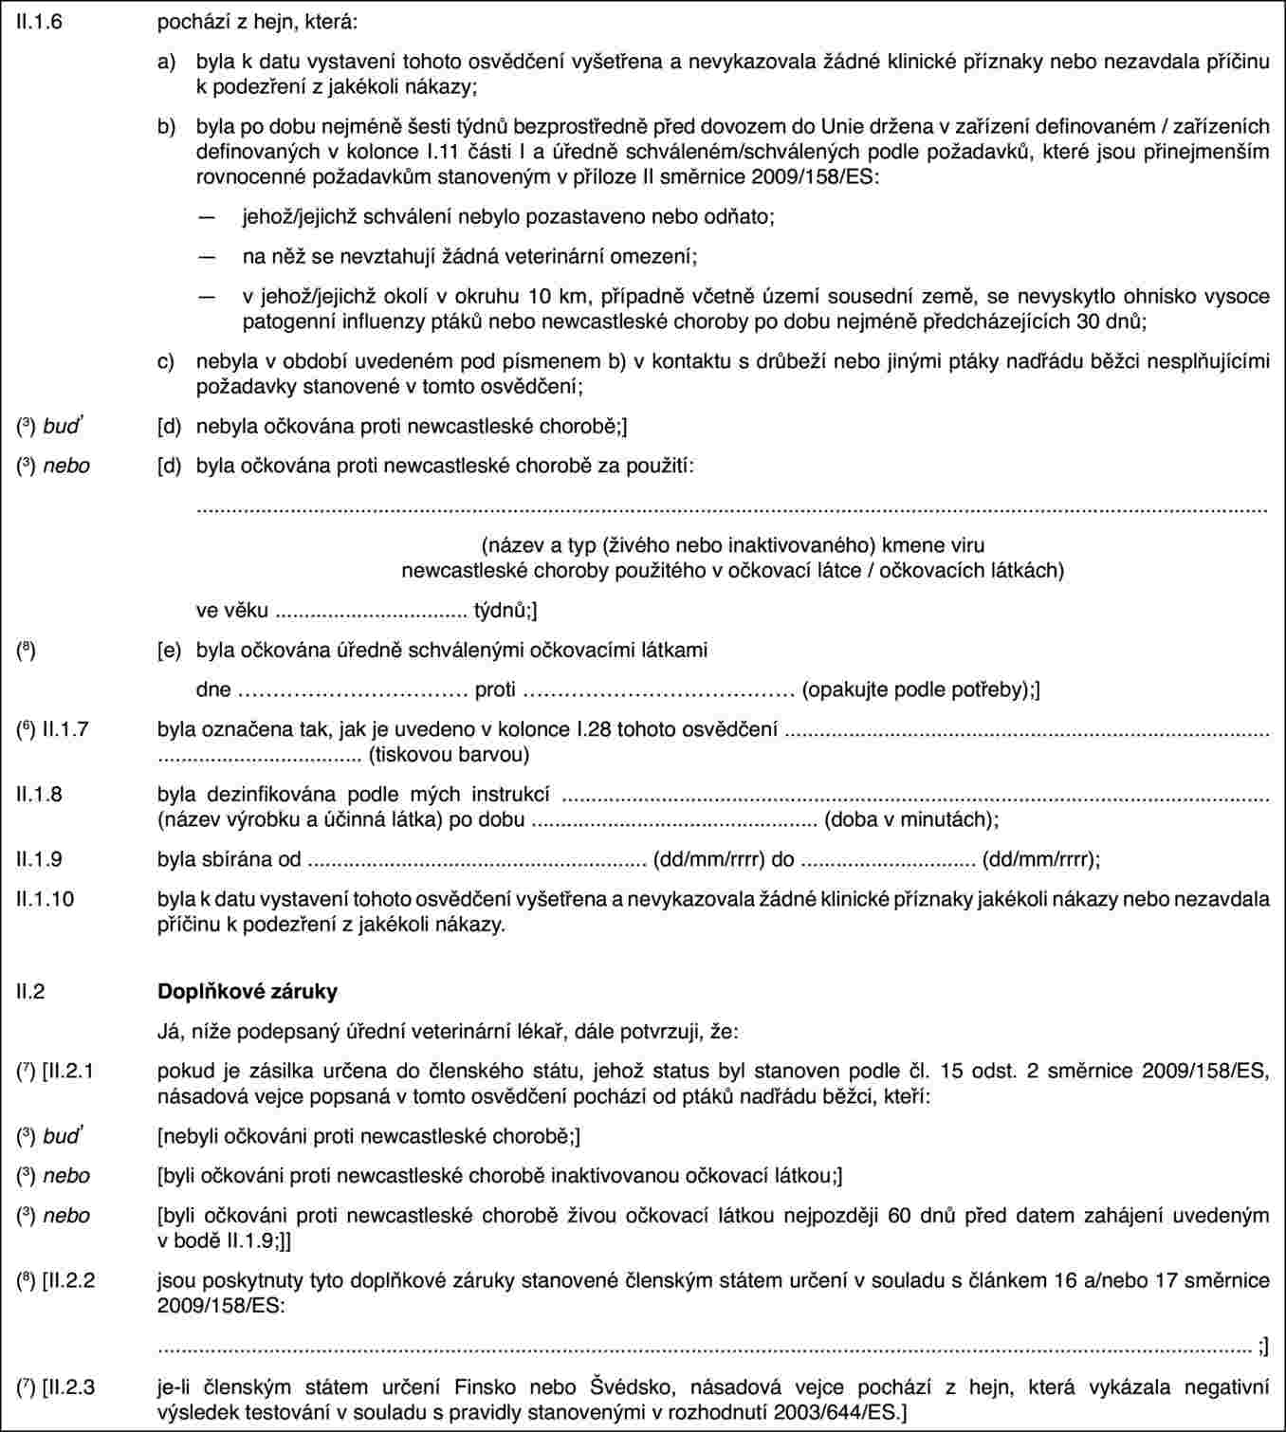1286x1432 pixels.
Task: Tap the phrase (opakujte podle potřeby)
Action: [917, 689]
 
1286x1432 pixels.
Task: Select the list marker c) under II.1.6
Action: [167, 360]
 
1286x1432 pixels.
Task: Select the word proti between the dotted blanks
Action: [495, 689]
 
